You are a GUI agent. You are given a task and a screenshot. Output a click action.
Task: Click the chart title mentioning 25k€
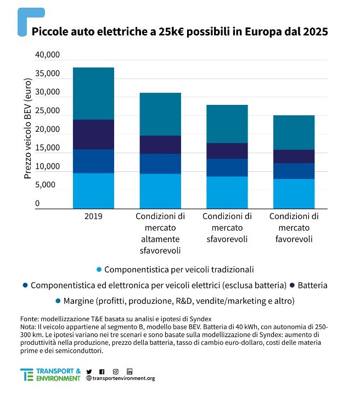pyautogui.click(x=179, y=32)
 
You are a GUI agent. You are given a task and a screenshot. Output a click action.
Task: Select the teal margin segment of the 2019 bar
pyautogui.click(x=93, y=93)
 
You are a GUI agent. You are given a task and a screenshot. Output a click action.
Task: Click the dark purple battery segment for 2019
pyautogui.click(x=93, y=135)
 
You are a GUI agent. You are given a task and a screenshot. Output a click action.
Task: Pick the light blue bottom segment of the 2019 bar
pyautogui.click(x=93, y=191)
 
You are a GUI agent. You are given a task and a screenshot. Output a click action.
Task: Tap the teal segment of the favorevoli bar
pyautogui.click(x=294, y=132)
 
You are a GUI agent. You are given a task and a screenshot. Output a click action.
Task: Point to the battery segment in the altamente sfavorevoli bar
pyautogui.click(x=160, y=144)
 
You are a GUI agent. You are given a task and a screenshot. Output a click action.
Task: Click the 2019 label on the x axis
pyautogui.click(x=93, y=216)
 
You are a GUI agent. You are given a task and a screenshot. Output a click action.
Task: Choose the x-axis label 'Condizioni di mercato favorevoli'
pyautogui.click(x=294, y=227)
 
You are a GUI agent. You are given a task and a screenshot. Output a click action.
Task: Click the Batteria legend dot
pyautogui.click(x=292, y=286)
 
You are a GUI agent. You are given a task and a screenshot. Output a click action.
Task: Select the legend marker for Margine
pyautogui.click(x=58, y=301)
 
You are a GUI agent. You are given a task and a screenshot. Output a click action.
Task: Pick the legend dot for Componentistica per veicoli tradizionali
pyautogui.click(x=99, y=270)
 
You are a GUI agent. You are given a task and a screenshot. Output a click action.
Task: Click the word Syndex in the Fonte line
pyautogui.click(x=199, y=319)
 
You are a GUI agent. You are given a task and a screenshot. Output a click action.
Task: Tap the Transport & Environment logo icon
pyautogui.click(x=26, y=375)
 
